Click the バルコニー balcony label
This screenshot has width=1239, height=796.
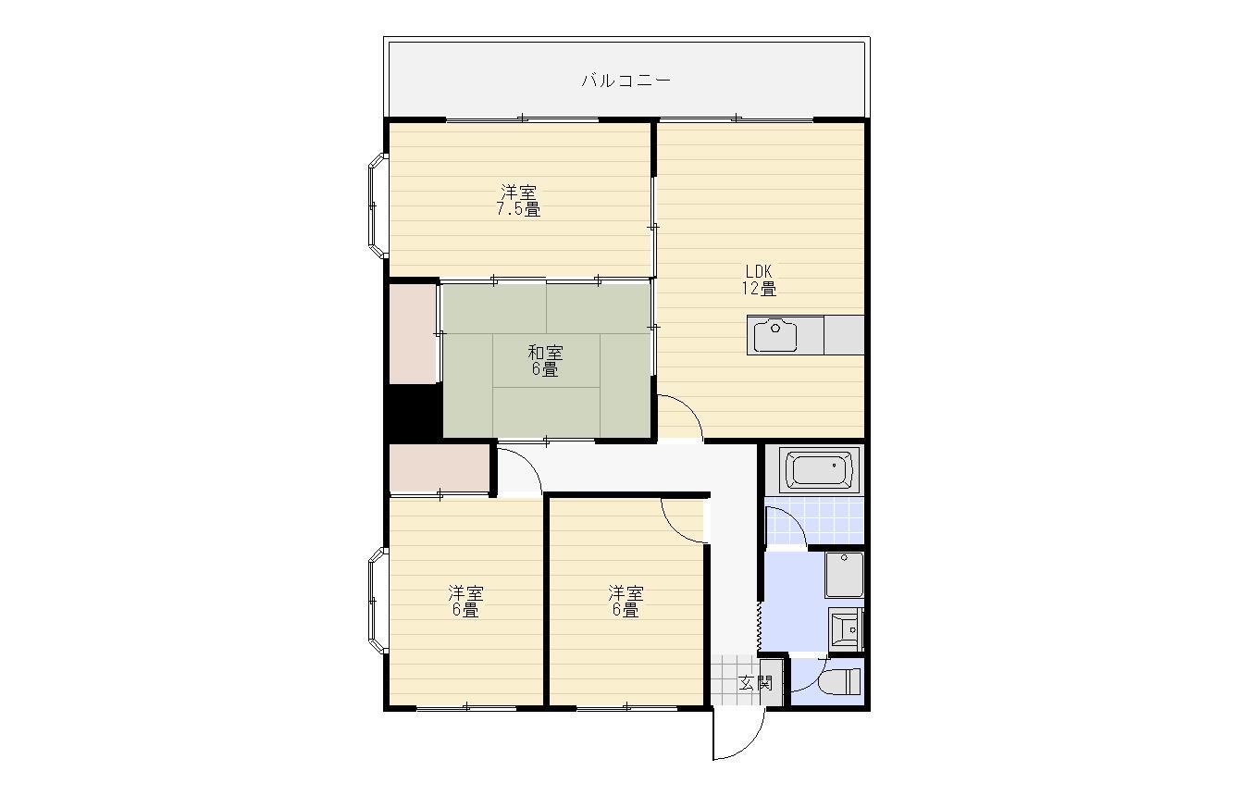tap(626, 81)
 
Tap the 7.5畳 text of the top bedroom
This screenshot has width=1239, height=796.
tap(518, 209)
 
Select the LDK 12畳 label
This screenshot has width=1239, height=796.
tap(759, 280)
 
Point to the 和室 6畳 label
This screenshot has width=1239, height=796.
tap(545, 361)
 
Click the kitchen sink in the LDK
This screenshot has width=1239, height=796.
tap(775, 334)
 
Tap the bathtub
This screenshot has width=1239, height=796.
tap(819, 469)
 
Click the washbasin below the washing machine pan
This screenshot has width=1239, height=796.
tap(846, 628)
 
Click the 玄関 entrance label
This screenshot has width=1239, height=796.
tap(756, 684)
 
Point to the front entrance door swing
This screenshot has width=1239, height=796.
tap(737, 735)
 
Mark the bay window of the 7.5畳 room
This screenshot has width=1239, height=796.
tap(377, 205)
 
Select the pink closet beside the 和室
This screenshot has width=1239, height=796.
tap(413, 333)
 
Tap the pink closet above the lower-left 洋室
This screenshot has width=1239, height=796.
tap(439, 469)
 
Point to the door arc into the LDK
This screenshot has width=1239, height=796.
tap(680, 417)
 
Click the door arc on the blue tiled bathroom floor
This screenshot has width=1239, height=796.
tap(787, 528)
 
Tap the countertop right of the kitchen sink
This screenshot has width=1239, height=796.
tap(844, 334)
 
